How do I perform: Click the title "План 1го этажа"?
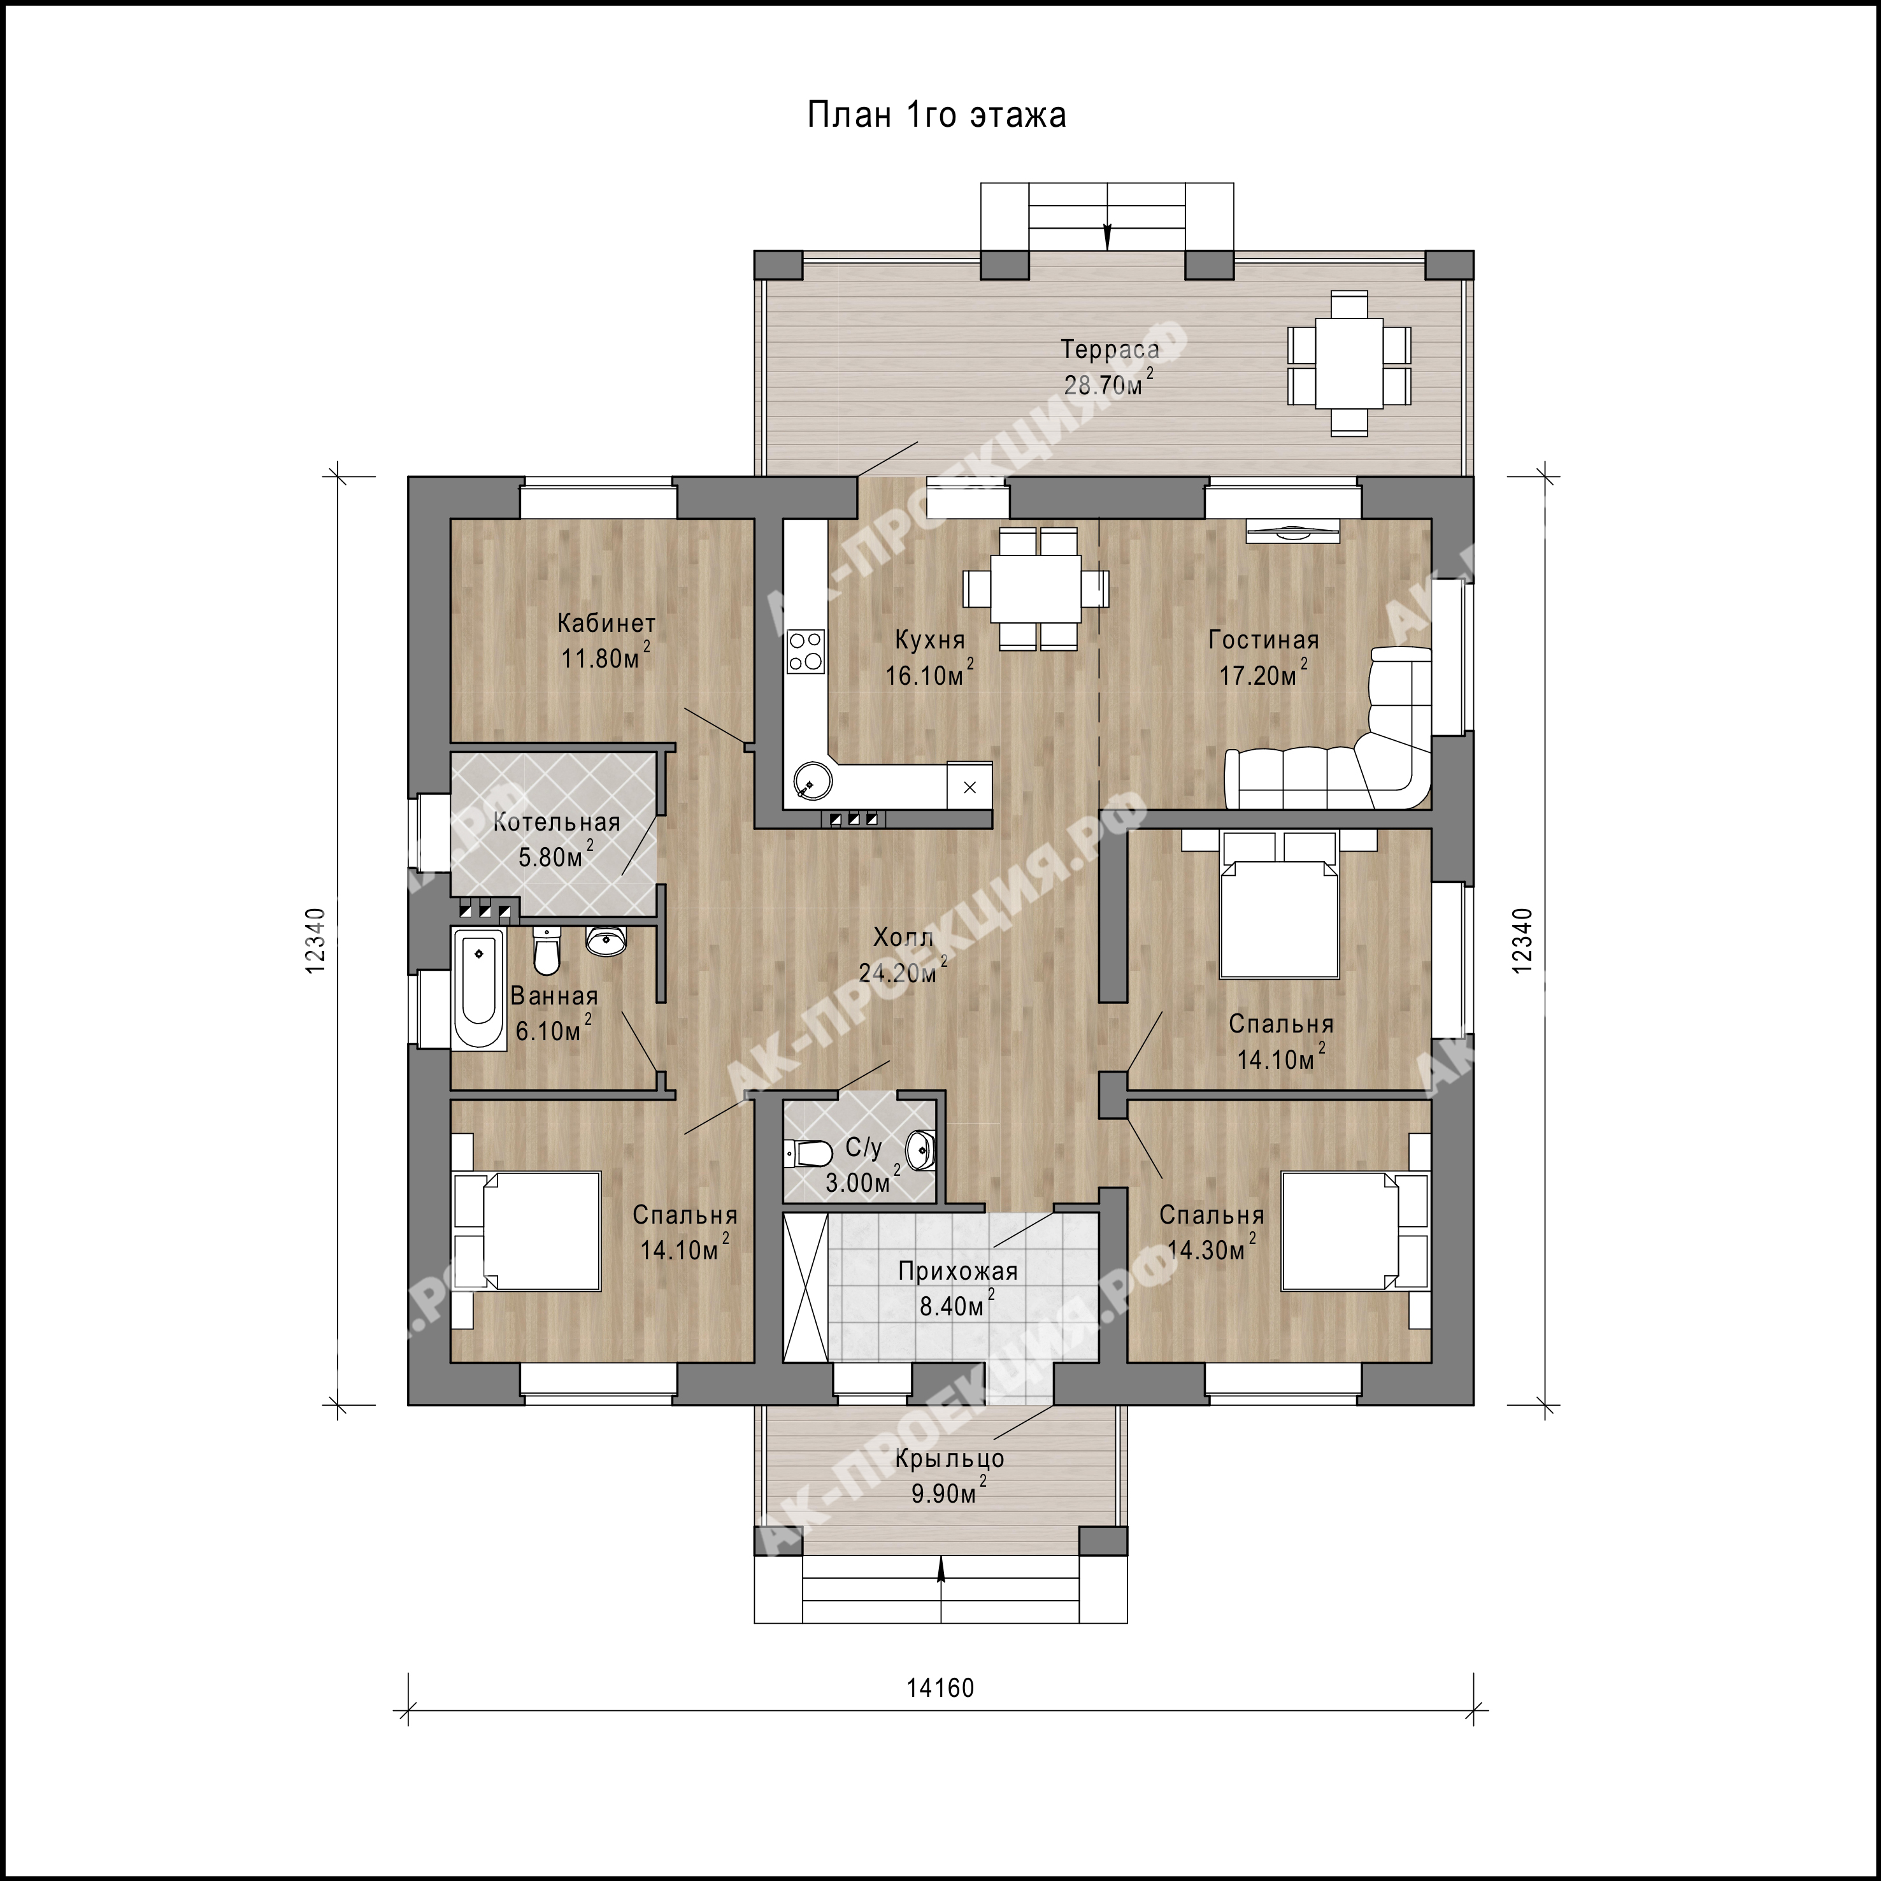coord(936,115)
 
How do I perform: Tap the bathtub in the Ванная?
coord(478,988)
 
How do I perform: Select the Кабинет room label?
coord(606,623)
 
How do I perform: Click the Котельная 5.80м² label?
coord(556,840)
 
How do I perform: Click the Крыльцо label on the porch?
coord(948,1459)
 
